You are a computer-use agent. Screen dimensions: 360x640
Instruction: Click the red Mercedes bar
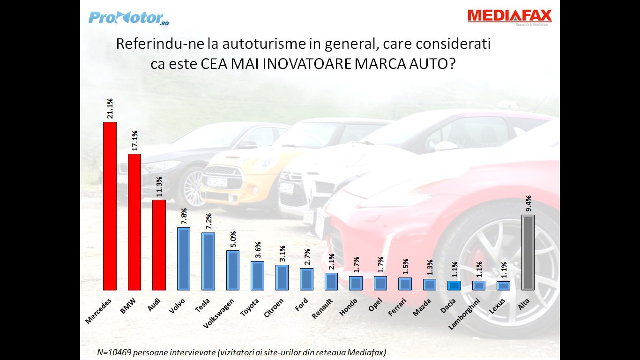[x=110, y=206]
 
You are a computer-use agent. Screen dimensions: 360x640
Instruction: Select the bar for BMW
[x=134, y=222]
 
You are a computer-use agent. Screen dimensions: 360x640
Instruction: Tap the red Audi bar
[x=159, y=245]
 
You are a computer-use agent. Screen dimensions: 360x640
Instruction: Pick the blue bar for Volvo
[x=184, y=259]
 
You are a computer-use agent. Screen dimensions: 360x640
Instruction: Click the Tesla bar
[x=208, y=261]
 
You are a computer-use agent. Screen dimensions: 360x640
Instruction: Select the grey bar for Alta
[x=528, y=253]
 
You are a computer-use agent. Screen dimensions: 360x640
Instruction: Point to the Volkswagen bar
[x=233, y=270]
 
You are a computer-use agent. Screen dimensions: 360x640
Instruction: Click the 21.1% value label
[x=110, y=109]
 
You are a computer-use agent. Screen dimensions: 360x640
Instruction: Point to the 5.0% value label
[x=233, y=239]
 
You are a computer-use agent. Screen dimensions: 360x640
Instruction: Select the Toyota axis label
[x=250, y=307]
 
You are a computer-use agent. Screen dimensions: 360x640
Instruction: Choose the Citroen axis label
[x=274, y=307]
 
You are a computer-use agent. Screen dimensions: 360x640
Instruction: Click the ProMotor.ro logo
[x=128, y=18]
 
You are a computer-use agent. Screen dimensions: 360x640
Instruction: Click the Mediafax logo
[x=509, y=17]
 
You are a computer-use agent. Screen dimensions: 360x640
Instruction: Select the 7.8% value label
[x=184, y=217]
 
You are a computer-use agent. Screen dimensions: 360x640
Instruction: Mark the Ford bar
[x=306, y=279]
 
